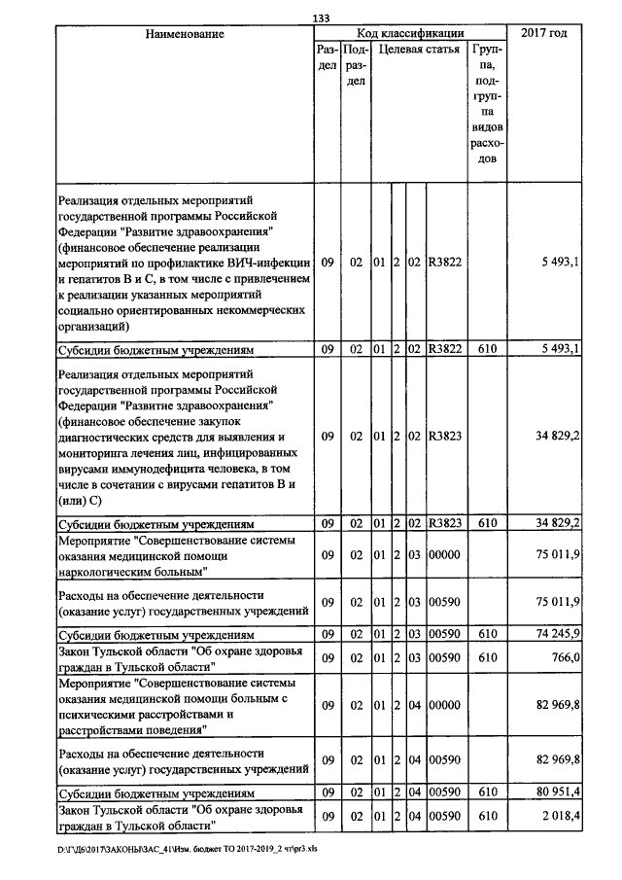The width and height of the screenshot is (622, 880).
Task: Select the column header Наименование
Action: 185,34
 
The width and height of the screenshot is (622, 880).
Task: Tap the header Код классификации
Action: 409,34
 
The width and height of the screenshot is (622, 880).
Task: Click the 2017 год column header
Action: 544,34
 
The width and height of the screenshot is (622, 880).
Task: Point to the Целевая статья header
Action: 419,49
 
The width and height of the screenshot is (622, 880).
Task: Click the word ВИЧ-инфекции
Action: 267,263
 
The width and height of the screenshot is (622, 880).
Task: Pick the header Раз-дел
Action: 328,56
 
